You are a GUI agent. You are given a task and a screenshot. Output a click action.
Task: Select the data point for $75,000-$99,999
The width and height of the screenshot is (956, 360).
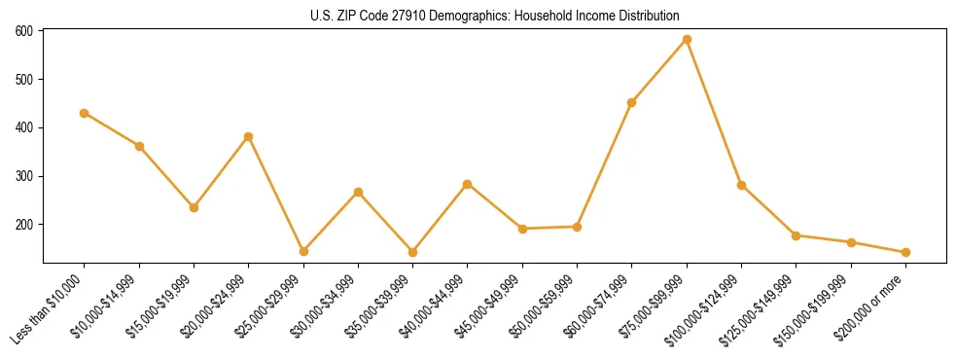pyautogui.click(x=687, y=40)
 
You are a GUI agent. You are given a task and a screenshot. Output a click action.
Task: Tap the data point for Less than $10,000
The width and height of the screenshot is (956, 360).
pyautogui.click(x=85, y=113)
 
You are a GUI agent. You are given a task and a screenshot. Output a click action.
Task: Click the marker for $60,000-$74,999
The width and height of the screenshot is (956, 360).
pyautogui.click(x=632, y=102)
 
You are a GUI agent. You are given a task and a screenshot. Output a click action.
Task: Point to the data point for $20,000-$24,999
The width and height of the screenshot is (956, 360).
pyautogui.click(x=249, y=136)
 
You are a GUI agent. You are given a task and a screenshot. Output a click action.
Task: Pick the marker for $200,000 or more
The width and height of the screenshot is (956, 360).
pyautogui.click(x=905, y=252)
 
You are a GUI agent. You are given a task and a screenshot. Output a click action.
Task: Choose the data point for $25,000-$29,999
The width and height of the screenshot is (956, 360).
pyautogui.click(x=303, y=251)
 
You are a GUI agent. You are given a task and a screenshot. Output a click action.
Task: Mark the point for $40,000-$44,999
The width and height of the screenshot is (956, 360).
pyautogui.click(x=468, y=184)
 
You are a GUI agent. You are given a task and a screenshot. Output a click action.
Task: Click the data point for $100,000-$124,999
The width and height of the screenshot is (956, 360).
pyautogui.click(x=741, y=185)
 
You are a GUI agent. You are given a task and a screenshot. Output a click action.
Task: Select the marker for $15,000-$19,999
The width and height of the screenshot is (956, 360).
pyautogui.click(x=194, y=207)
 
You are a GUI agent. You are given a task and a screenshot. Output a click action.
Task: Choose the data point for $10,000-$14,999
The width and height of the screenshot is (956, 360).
pyautogui.click(x=139, y=147)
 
